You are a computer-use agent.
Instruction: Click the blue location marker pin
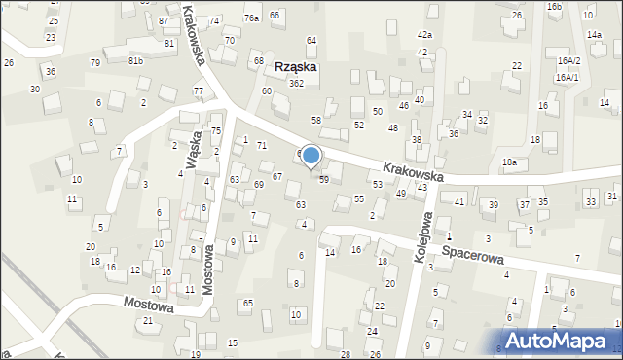[311, 156]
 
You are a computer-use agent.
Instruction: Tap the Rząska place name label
[297, 67]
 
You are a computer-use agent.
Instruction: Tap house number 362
[297, 84]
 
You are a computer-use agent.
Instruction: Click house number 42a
[424, 35]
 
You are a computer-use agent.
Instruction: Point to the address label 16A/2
[568, 60]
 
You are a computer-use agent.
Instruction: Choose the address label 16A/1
[568, 76]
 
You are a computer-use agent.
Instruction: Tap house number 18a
[509, 162]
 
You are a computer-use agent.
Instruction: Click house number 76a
[251, 18]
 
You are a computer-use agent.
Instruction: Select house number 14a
[594, 35]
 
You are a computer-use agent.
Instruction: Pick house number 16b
[554, 7]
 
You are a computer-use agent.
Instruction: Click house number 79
[95, 63]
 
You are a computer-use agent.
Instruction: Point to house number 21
[148, 321]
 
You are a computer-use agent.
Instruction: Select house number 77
[199, 91]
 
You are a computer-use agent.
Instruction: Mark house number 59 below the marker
[323, 180]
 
